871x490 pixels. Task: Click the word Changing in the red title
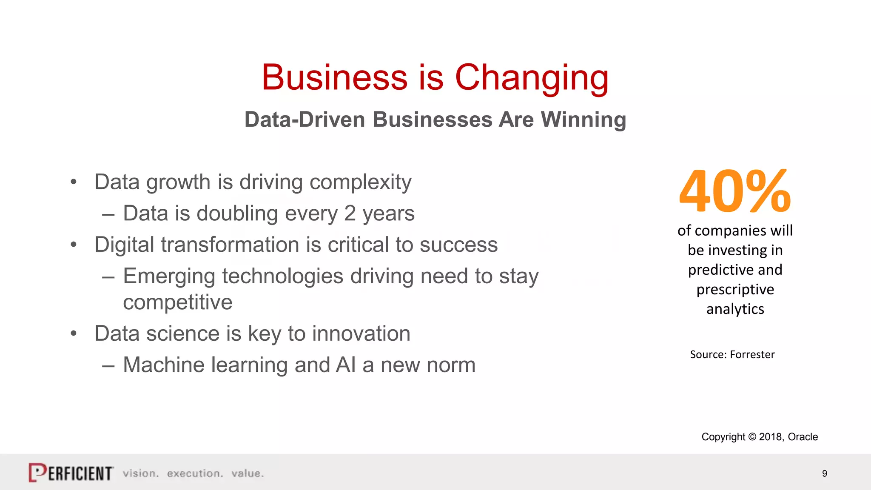tap(532, 79)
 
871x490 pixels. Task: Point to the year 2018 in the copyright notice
tap(771, 437)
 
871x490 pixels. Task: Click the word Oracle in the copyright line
tap(803, 437)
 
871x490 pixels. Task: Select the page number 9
tap(824, 473)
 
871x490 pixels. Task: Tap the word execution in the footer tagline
tap(195, 473)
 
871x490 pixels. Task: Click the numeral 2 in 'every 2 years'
tap(350, 213)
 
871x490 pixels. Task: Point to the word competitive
tap(178, 302)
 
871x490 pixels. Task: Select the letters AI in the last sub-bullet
tap(345, 365)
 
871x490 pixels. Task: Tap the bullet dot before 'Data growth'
tap(74, 182)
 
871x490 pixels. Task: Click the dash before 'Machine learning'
tap(108, 365)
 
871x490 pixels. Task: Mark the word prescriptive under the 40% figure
tap(735, 290)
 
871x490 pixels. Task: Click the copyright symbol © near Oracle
tap(752, 437)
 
